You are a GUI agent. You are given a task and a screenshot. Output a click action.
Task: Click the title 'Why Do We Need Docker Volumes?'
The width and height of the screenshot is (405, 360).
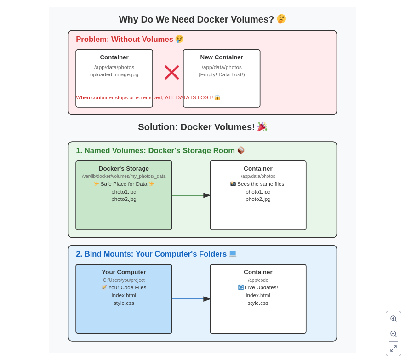point(196,19)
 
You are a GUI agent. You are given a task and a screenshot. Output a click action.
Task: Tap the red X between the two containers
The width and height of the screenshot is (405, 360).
point(172,72)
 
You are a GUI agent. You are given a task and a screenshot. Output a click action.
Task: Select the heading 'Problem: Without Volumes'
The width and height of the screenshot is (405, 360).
point(125,40)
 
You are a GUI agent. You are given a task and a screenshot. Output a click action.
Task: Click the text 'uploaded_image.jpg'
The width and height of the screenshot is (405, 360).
point(114,74)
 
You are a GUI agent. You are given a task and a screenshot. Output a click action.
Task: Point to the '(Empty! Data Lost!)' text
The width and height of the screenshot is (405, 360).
point(222,74)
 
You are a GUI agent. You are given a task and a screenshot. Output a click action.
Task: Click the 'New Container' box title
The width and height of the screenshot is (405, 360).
point(222,57)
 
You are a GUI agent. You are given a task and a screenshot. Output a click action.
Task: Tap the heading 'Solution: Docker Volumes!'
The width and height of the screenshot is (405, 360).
point(196,127)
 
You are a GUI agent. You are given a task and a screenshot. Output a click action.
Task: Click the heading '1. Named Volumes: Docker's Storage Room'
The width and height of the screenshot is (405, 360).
point(155,151)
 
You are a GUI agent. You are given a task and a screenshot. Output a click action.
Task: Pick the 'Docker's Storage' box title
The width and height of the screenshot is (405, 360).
point(124,169)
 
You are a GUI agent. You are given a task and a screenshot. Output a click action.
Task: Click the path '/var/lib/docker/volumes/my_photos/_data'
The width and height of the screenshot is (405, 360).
point(124,177)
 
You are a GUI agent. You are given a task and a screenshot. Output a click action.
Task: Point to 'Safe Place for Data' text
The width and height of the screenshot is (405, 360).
point(124,184)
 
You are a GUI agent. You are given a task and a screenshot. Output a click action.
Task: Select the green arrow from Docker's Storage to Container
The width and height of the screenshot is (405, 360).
point(191,195)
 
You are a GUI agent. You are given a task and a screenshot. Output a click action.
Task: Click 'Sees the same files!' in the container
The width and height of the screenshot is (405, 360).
point(261,184)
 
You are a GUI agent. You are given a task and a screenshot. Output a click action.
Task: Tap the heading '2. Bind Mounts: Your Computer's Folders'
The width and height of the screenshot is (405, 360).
point(151,254)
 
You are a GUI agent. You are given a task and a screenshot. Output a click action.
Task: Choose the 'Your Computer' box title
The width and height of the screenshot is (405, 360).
point(124,272)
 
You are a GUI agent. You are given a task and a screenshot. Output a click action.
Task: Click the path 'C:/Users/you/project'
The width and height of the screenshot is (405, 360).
point(124,280)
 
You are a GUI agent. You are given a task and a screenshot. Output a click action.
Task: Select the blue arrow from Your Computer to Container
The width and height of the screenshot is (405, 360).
point(191,299)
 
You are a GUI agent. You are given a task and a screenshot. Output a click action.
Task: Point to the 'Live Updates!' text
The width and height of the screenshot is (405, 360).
point(261,287)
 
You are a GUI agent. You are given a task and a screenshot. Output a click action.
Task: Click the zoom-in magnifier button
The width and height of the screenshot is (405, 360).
point(394,319)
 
